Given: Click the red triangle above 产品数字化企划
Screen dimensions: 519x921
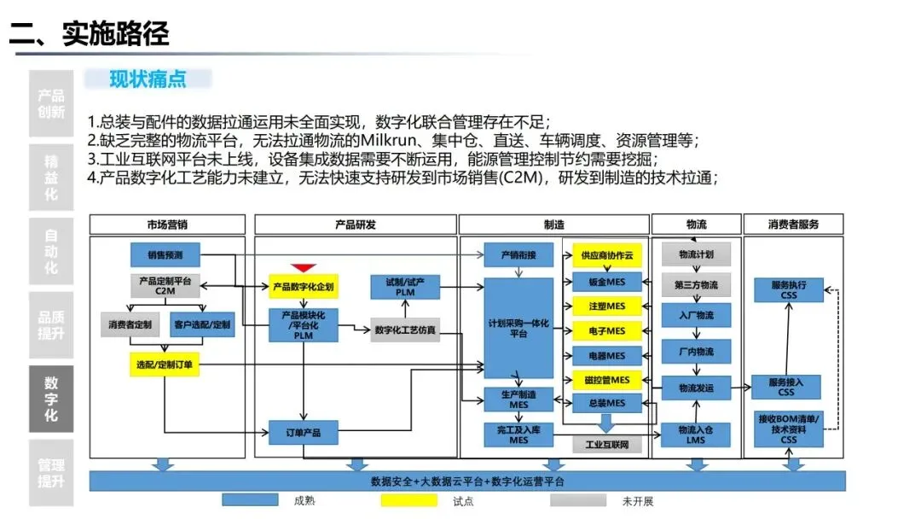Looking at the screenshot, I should [x=303, y=268].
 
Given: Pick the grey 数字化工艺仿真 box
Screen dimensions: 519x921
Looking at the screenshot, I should [x=405, y=329].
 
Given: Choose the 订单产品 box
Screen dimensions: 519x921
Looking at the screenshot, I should [x=303, y=433].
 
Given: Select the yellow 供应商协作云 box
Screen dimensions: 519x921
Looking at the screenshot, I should [x=607, y=255].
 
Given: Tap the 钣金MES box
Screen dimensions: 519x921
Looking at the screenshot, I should [x=607, y=281].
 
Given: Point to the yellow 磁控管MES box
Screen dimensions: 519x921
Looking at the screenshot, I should [x=607, y=379].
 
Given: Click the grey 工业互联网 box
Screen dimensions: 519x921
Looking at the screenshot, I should [x=607, y=444].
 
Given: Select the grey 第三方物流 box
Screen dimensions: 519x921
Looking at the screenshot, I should [x=696, y=285].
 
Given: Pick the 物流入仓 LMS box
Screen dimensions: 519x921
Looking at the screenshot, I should [x=696, y=434].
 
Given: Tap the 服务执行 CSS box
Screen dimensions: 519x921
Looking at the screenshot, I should [x=789, y=290].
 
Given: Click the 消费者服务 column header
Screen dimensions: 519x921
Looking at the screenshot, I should [x=793, y=225].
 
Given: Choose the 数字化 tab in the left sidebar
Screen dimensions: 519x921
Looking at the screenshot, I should [x=51, y=399].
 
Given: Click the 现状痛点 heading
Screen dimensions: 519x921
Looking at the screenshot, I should [x=148, y=79].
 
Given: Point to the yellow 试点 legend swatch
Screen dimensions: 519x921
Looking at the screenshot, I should [x=414, y=500].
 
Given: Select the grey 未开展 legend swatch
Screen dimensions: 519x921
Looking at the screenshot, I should [x=583, y=500].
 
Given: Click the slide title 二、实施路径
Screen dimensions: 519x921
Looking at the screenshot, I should [x=90, y=33].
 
